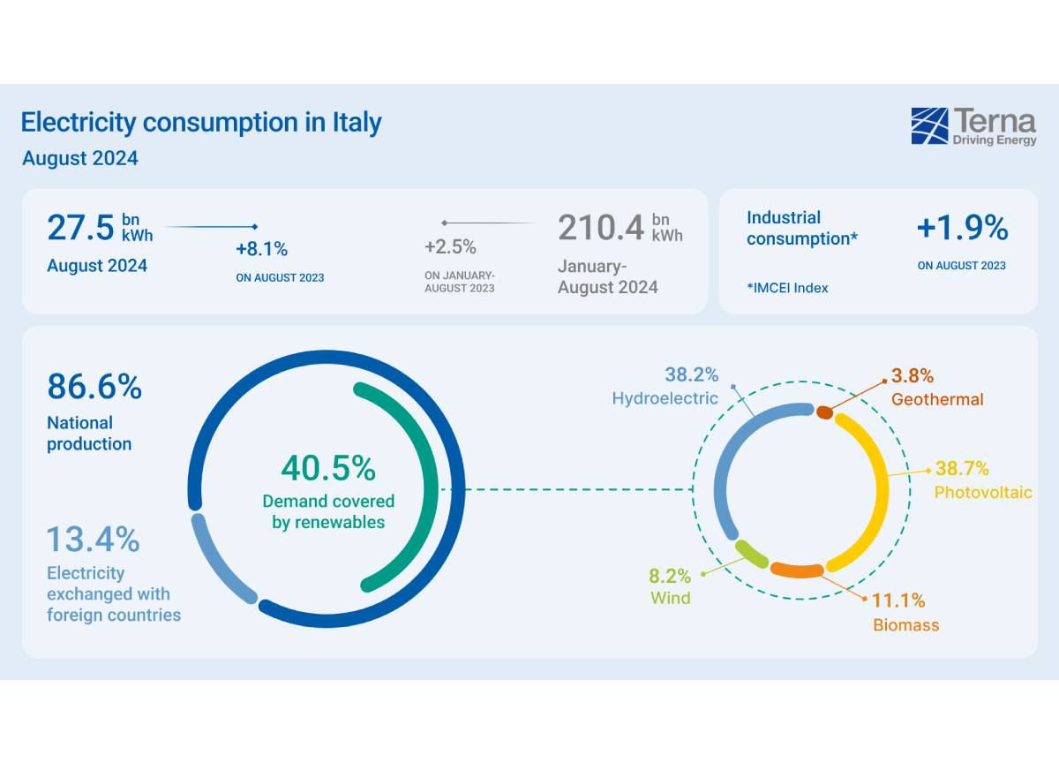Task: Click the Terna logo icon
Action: click(928, 125)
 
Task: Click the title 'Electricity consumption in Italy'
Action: click(201, 122)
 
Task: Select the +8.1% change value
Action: click(261, 248)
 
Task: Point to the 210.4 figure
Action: click(600, 228)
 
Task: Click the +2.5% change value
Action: click(450, 246)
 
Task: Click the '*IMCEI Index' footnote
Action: click(787, 287)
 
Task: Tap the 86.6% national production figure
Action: click(94, 387)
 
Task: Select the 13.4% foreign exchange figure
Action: click(93, 538)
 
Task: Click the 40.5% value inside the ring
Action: click(328, 468)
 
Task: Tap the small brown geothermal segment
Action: click(824, 412)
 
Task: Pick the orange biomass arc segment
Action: click(798, 570)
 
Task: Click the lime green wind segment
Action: click(752, 554)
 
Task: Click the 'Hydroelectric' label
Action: click(665, 398)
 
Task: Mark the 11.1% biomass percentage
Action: click(898, 601)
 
